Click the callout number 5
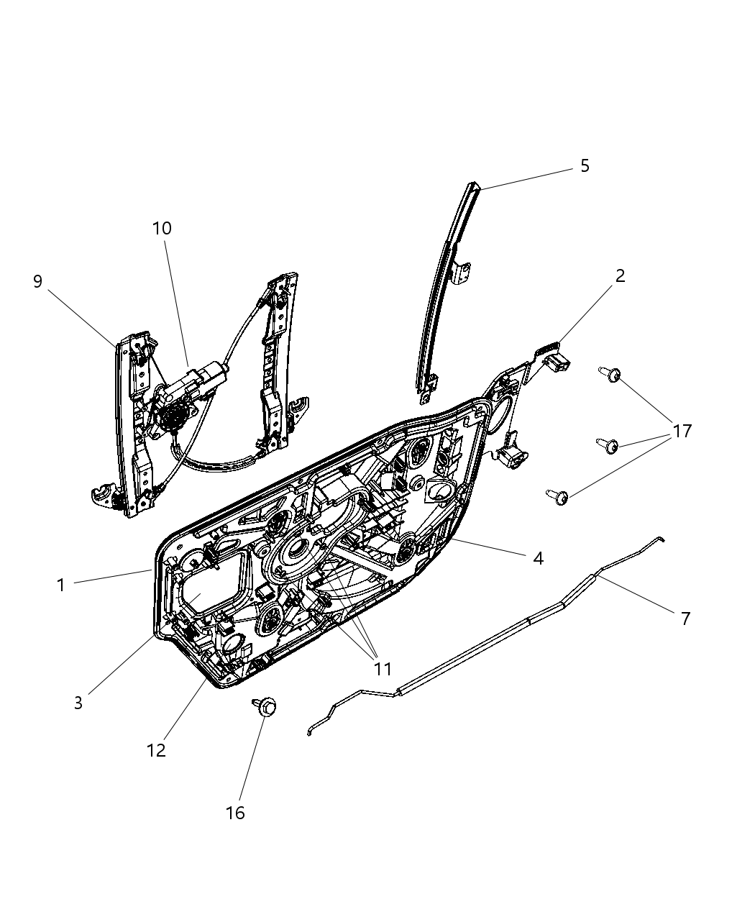pyautogui.click(x=585, y=166)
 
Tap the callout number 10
pyautogui.click(x=162, y=229)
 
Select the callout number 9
pyautogui.click(x=38, y=281)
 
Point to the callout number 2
pyautogui.click(x=620, y=275)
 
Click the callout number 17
pyautogui.click(x=682, y=431)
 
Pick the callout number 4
pyautogui.click(x=538, y=558)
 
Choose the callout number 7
pyautogui.click(x=685, y=618)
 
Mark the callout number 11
pyautogui.click(x=383, y=669)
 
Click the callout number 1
pyautogui.click(x=61, y=585)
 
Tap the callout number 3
pyautogui.click(x=78, y=703)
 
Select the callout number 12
pyautogui.click(x=156, y=750)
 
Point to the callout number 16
pyautogui.click(x=235, y=813)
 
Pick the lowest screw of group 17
pyautogui.click(x=558, y=496)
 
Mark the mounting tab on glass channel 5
pyautogui.click(x=464, y=271)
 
